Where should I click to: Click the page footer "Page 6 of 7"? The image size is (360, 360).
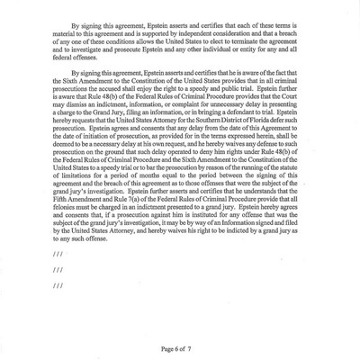(181, 347)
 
